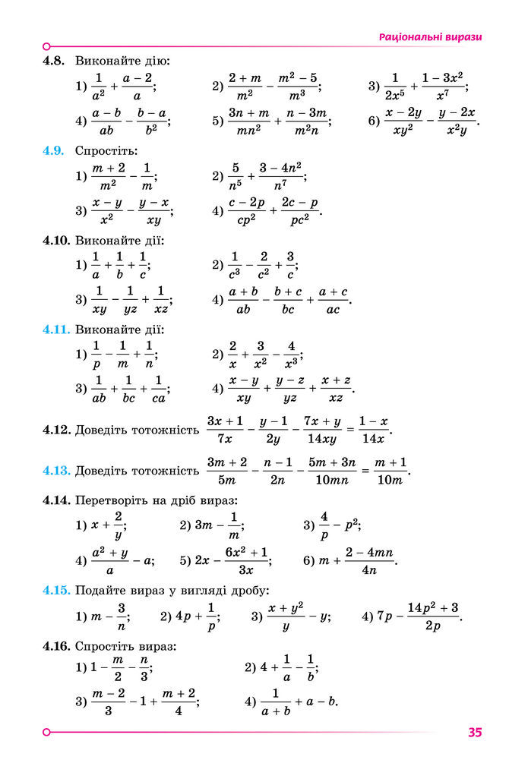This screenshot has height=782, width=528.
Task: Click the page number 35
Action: coord(476,733)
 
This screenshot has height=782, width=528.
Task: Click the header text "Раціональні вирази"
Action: coord(431,36)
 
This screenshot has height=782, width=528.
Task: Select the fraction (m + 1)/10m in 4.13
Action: coord(390,470)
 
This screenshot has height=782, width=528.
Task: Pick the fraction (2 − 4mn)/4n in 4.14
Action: coord(371,560)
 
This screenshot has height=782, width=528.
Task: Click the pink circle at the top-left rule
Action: coord(47,46)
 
